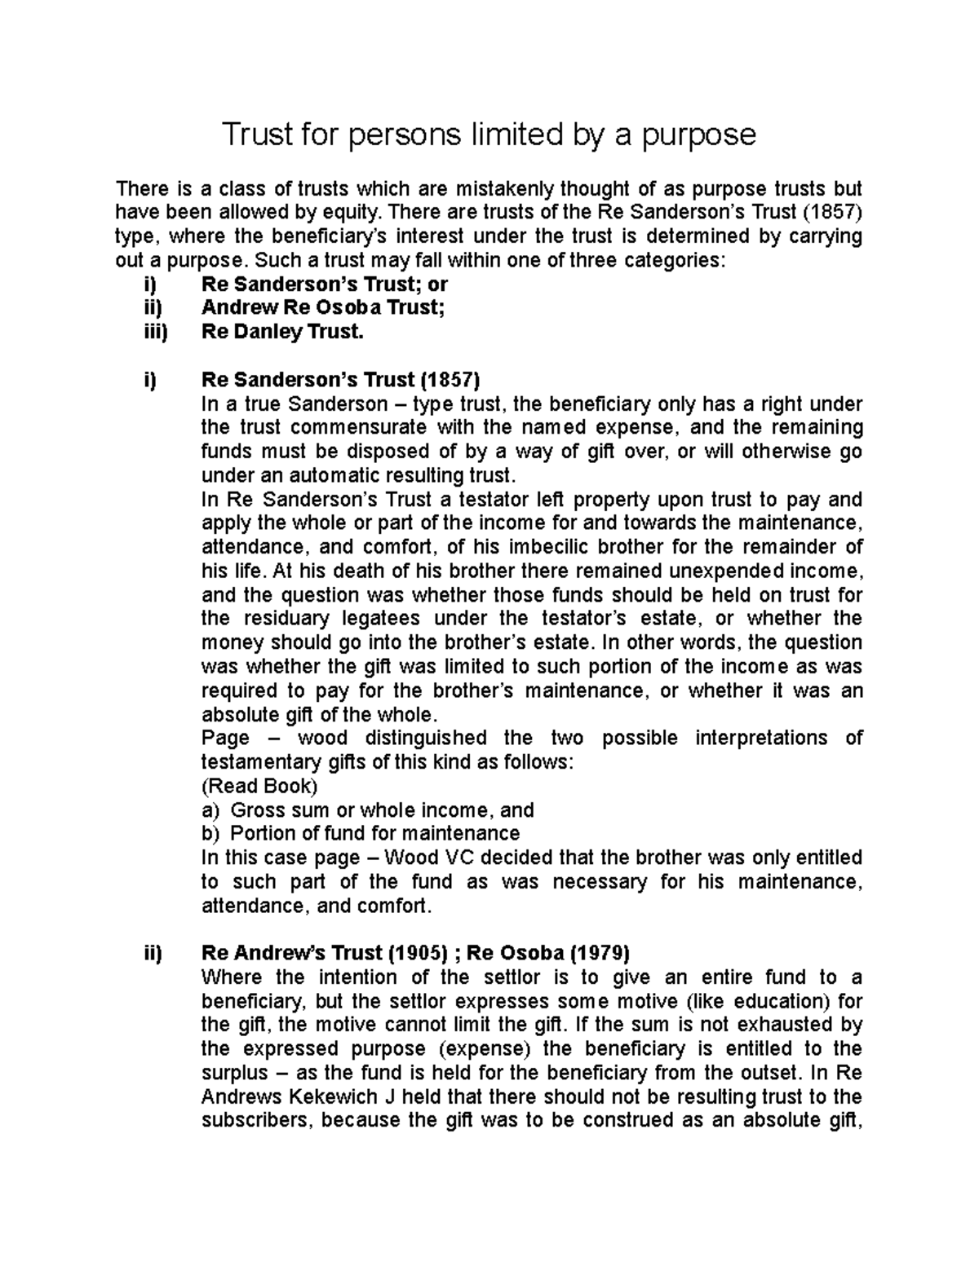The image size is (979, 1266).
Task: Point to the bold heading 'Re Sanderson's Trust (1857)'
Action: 340,380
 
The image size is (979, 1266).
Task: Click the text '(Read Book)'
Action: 259,786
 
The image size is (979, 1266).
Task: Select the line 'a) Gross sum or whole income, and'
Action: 367,809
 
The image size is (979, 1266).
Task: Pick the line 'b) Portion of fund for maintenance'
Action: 360,833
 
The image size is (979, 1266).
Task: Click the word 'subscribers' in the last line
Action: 256,1119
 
